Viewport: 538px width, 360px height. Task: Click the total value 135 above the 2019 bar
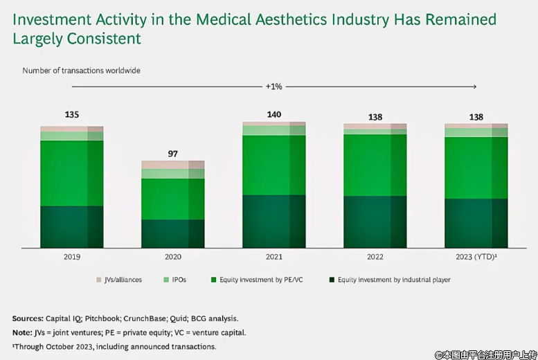point(72,114)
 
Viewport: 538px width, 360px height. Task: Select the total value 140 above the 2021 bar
point(274,114)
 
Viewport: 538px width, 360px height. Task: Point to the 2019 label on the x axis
point(72,257)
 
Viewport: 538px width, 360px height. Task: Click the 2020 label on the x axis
point(173,257)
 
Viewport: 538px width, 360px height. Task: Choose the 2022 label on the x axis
point(375,257)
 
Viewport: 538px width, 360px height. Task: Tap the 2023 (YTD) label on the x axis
point(476,257)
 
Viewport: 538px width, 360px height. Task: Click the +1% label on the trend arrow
point(274,87)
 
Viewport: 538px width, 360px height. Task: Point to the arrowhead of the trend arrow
point(475,87)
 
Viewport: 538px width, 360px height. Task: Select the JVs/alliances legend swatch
point(99,280)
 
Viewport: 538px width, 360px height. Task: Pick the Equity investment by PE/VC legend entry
point(245,280)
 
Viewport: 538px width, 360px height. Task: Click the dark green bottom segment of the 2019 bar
point(72,226)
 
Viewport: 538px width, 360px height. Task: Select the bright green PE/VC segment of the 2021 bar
point(274,165)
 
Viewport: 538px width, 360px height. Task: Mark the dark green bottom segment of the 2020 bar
point(173,233)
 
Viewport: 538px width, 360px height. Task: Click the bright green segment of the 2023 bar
point(476,168)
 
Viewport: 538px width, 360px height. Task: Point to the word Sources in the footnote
point(28,318)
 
